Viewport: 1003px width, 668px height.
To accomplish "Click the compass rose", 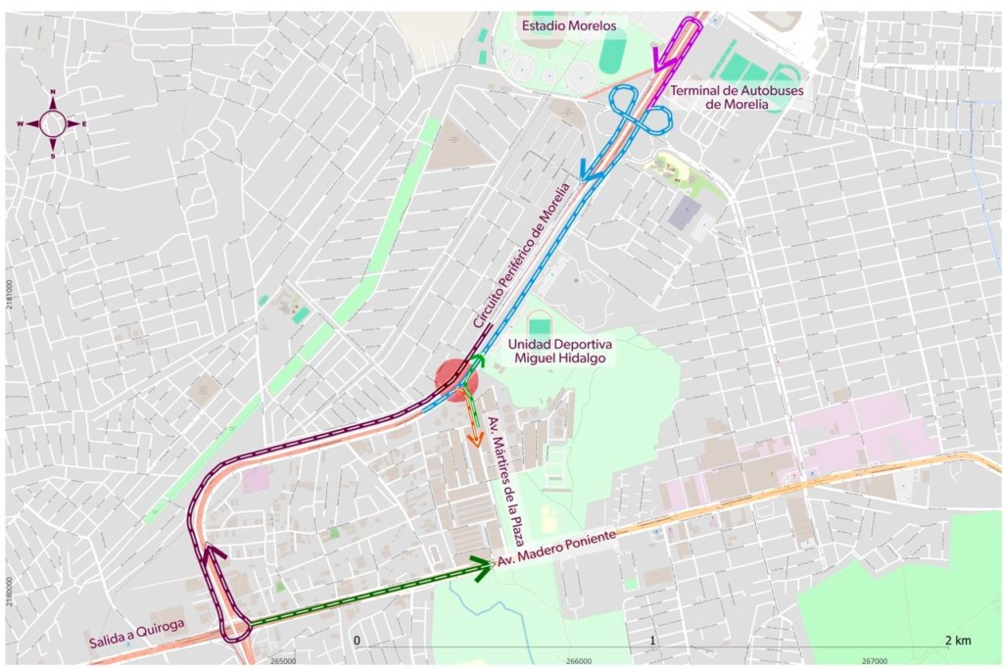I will point(53,123).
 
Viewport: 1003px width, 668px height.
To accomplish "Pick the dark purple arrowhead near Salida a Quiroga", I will point(214,554).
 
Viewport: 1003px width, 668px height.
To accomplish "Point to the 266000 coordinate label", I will point(579,660).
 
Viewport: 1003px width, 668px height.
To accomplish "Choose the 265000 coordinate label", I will point(282,660).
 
